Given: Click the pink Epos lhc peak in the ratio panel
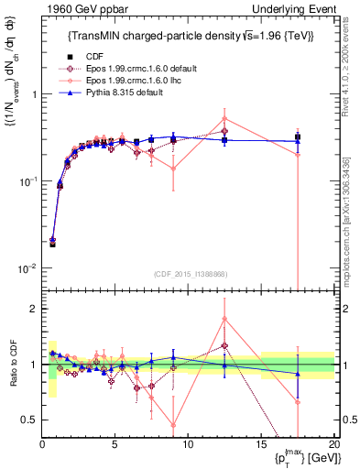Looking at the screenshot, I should (224, 320).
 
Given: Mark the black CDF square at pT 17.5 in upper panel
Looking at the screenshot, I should (297, 137).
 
